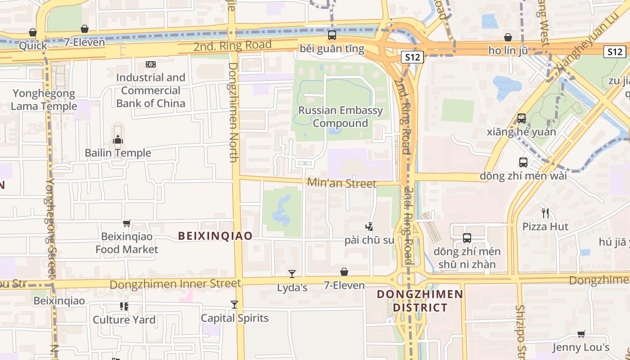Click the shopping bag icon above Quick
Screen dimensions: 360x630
click(x=32, y=32)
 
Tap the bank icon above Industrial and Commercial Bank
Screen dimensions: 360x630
click(x=151, y=64)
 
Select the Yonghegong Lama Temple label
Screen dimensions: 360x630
click(x=44, y=100)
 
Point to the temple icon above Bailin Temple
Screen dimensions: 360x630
click(x=118, y=140)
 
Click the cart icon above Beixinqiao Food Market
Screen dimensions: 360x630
click(x=127, y=223)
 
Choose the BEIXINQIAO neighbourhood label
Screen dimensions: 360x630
click(x=215, y=236)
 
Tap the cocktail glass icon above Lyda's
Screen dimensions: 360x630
click(x=292, y=274)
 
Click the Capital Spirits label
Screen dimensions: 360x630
click(x=234, y=318)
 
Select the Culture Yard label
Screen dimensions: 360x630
click(x=124, y=320)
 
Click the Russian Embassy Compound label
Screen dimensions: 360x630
click(x=341, y=117)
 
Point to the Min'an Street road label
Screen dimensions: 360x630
click(x=342, y=183)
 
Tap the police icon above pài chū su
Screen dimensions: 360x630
click(x=369, y=227)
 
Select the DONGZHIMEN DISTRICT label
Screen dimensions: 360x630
click(x=420, y=301)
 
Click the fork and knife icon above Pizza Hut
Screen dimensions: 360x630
click(x=545, y=213)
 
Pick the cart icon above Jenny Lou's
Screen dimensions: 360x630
click(x=581, y=334)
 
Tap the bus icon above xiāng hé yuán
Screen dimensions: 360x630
click(x=522, y=118)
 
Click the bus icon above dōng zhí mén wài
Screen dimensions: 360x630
click(x=523, y=162)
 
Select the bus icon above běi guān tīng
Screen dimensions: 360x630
click(x=332, y=35)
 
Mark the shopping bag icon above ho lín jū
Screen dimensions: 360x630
click(x=508, y=37)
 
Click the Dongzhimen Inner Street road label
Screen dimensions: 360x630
click(x=175, y=284)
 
